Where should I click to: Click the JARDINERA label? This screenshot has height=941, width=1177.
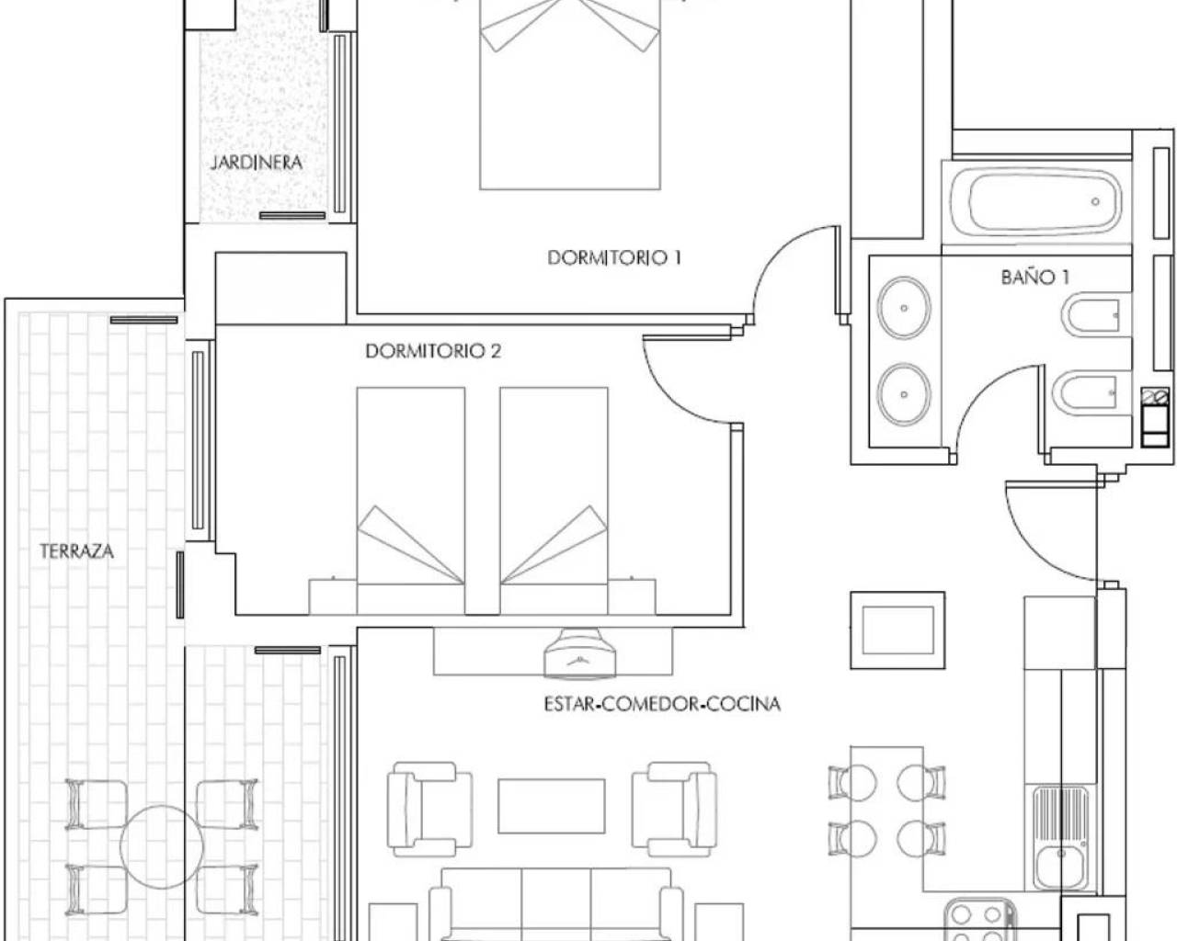point(257,163)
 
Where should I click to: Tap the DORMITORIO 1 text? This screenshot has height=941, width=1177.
point(613,258)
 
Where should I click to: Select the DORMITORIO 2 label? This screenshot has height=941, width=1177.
point(433,351)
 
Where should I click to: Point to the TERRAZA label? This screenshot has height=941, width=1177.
point(76,551)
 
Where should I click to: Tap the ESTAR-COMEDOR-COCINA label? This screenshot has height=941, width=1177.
point(661,704)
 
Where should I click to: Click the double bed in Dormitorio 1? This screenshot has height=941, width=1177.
point(570,92)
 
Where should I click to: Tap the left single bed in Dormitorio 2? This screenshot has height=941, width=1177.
point(410,487)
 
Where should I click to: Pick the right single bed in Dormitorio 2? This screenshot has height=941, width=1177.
point(554,487)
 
